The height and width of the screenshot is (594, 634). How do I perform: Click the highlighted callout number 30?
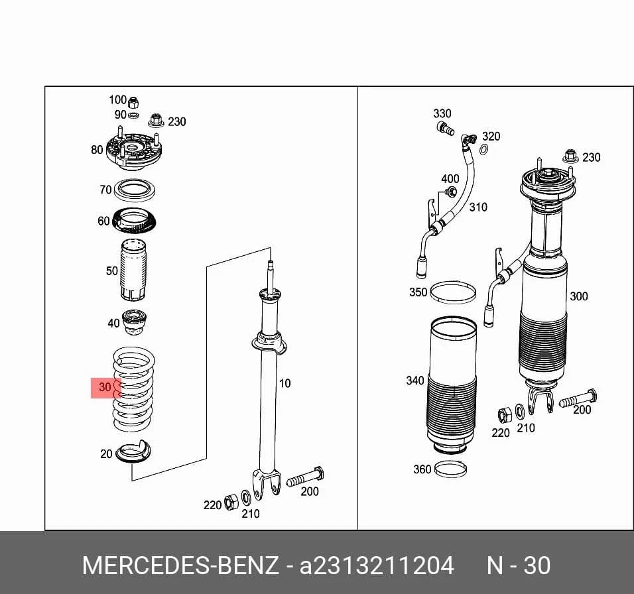tap(105, 387)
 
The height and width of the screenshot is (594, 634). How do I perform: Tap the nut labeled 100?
tap(133, 103)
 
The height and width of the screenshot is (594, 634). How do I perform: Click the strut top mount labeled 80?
tap(133, 152)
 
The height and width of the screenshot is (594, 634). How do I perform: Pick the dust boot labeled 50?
tap(133, 270)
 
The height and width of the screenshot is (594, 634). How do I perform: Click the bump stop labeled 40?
tap(134, 322)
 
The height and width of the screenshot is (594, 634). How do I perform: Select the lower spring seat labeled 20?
tap(133, 451)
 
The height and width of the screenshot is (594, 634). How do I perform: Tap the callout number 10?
tap(285, 383)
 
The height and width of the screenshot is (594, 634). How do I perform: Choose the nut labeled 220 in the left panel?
tap(231, 501)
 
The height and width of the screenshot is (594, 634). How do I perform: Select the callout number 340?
tap(415, 381)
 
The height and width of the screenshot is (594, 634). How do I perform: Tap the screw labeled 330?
tap(445, 129)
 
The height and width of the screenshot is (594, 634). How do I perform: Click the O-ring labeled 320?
tap(483, 150)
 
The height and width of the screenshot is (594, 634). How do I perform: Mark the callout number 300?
tap(578, 296)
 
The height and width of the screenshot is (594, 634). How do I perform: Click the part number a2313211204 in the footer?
tap(377, 565)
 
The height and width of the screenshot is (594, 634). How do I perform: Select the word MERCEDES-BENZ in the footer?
tap(180, 565)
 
